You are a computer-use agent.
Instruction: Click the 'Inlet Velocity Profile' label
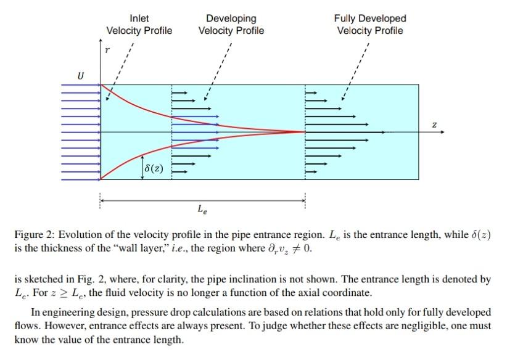coord(139,25)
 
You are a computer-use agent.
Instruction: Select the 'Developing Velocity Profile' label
coord(231,25)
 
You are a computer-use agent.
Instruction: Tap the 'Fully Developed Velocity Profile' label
coord(370,25)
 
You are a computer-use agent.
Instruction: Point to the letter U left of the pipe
coord(80,76)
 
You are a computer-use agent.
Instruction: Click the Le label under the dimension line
coord(202,210)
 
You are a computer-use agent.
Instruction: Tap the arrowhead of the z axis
coord(442,132)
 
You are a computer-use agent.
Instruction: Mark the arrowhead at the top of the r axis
coord(100,41)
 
